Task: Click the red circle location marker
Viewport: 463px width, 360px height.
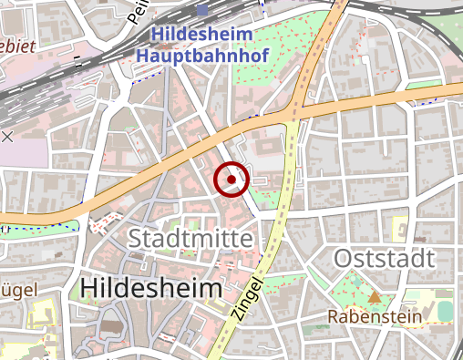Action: coord(231,180)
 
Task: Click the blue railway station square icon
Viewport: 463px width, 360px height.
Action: coord(201,11)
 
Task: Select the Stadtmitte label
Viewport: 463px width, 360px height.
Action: coord(190,239)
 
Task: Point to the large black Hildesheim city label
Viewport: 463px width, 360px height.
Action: coord(150,288)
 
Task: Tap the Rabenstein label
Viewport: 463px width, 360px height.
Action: coord(375,317)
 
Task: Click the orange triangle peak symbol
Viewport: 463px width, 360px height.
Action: coord(375,297)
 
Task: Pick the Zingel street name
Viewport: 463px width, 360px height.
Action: coord(249,298)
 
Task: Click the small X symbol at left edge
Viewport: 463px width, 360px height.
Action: coord(7,137)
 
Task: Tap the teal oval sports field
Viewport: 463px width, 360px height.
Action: coord(445,312)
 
